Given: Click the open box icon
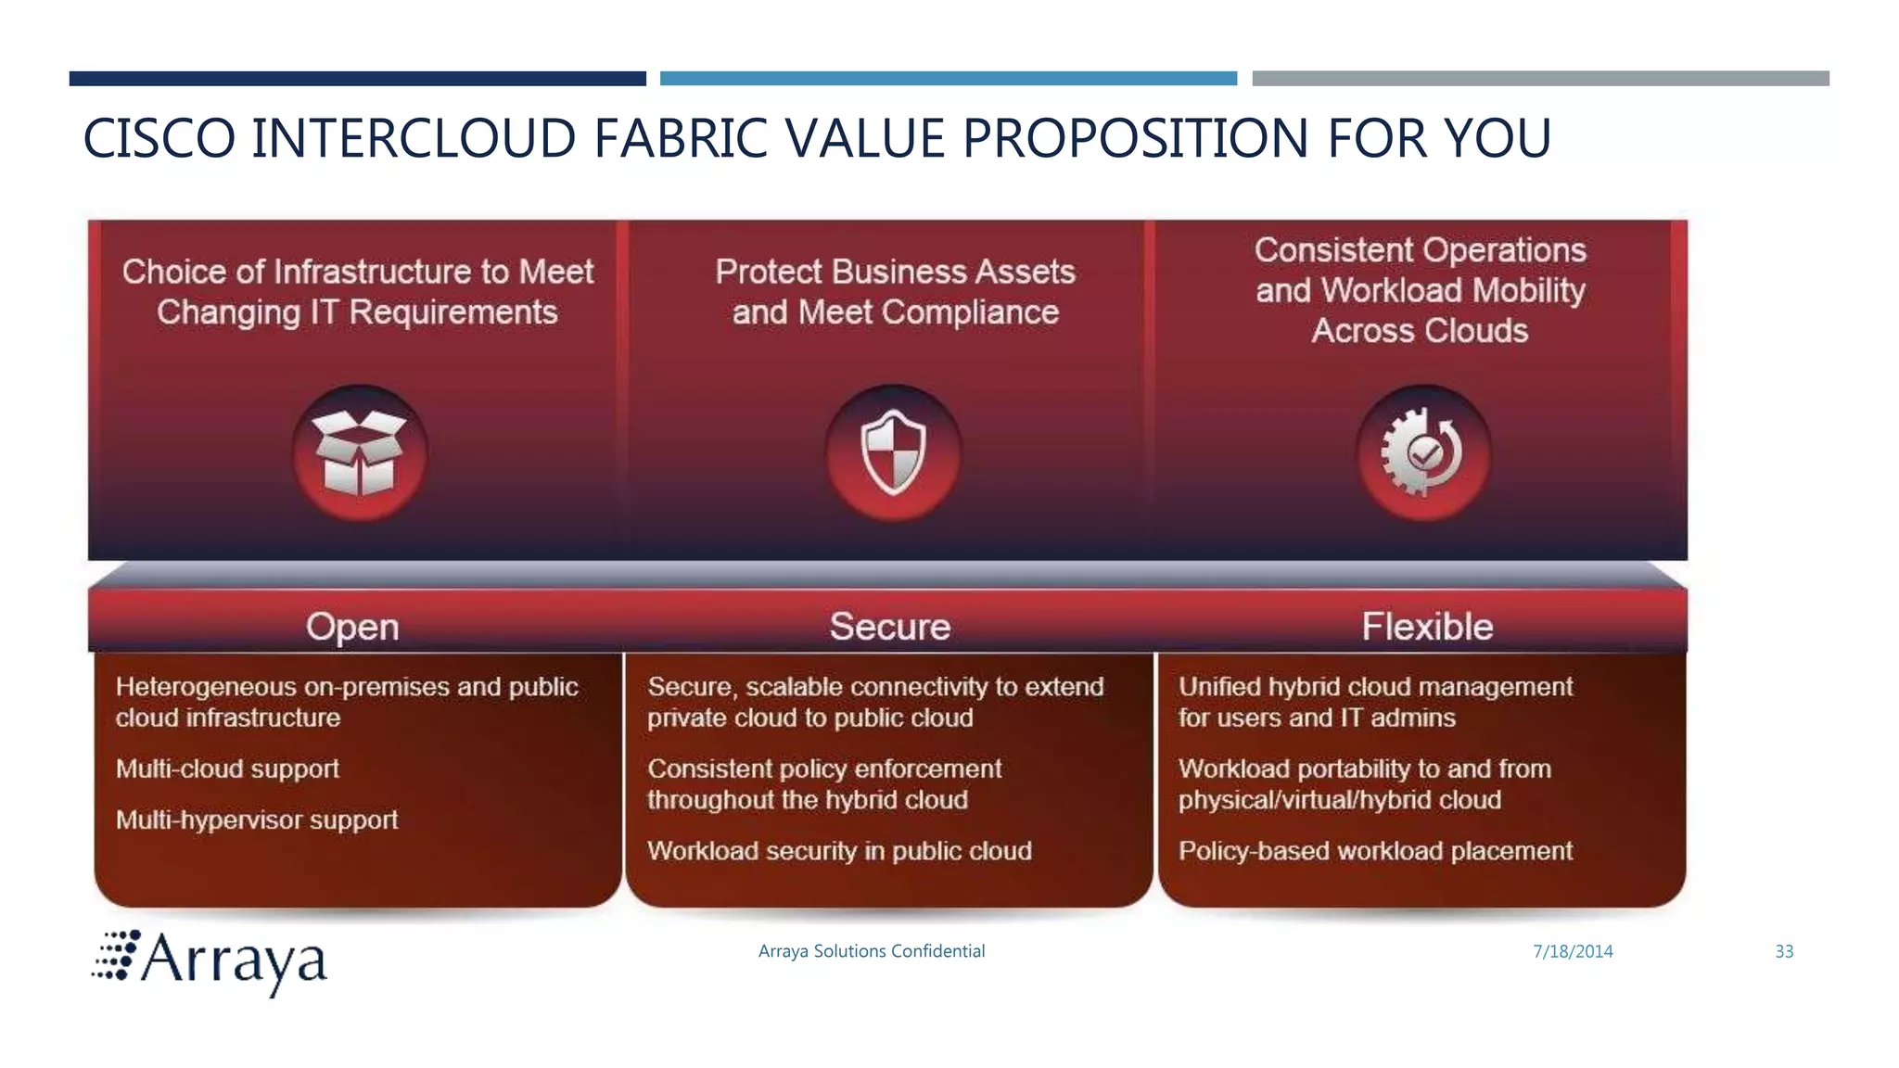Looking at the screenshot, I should point(360,453).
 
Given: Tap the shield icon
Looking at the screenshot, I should point(893,453).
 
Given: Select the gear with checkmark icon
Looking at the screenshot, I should point(1423,453).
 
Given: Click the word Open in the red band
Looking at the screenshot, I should point(352,627).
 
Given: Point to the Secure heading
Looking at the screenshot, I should point(889,627).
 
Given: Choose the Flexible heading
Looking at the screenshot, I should point(1427,627).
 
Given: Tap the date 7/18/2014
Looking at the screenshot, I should point(1573,951).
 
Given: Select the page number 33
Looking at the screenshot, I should point(1784,951).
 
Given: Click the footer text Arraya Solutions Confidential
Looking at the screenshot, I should point(871,951).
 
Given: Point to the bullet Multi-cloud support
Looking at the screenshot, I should point(227,769).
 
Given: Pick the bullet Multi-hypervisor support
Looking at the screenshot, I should point(257,820).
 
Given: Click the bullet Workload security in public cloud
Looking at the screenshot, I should point(839,851).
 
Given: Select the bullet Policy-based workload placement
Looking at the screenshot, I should point(1375,851).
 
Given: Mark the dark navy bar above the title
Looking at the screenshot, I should point(357,79).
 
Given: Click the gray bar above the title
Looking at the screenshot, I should point(1540,79).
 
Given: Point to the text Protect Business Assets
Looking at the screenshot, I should point(895,272).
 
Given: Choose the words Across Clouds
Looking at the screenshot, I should point(1420,331).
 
